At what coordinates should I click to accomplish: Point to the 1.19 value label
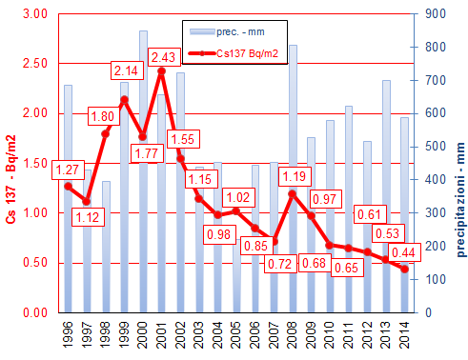(293, 176)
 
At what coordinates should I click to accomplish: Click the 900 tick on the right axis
(432, 13)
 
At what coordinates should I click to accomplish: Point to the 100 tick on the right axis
(432, 280)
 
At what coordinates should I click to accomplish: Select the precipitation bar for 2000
(143, 171)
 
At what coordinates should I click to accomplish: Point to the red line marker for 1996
(68, 186)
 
